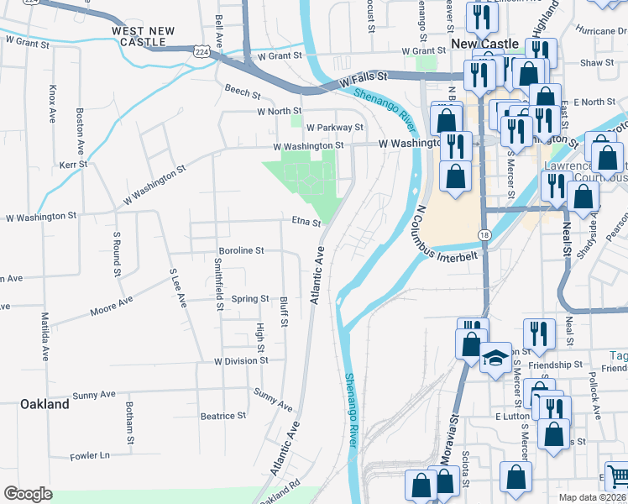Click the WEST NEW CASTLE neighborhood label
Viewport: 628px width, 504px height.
(144, 36)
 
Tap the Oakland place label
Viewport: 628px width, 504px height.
(44, 404)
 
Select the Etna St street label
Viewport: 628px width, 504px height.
(306, 223)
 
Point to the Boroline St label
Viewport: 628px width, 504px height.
(241, 250)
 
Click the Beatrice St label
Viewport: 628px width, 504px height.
(222, 415)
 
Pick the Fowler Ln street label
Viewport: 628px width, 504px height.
(91, 455)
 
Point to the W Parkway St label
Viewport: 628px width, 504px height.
(334, 128)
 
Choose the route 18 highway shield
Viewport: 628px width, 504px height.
(484, 234)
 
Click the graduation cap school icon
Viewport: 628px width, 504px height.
(495, 359)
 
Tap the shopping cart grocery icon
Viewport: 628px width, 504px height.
(617, 476)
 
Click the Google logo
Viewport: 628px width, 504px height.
(28, 494)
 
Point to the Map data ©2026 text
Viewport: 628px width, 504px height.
(593, 497)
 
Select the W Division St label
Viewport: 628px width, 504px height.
(241, 360)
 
